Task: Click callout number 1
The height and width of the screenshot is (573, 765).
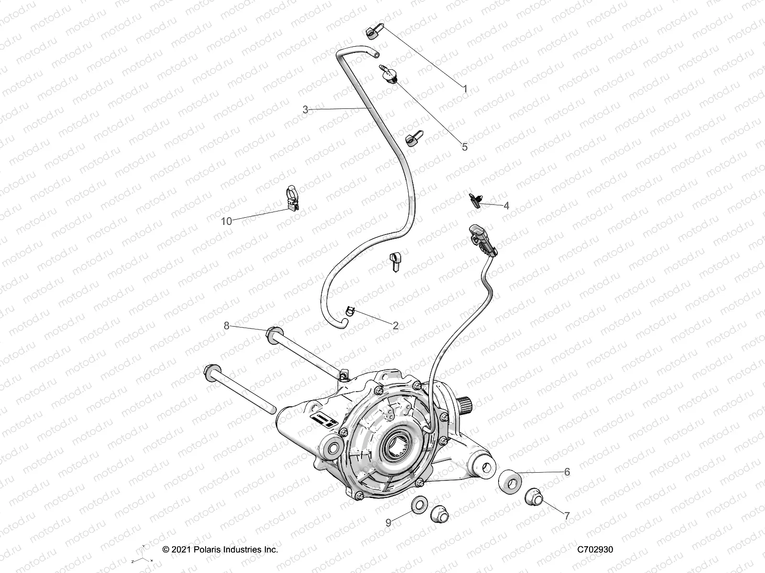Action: tap(465, 88)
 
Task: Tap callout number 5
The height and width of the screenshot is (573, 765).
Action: tap(464, 147)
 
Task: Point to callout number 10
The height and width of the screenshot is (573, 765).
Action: tap(227, 221)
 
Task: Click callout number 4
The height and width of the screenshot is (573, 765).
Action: tap(506, 206)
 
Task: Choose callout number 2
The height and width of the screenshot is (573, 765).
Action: tap(395, 326)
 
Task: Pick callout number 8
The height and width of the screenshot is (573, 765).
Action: tap(227, 326)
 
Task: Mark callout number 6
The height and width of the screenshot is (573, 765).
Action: tap(567, 472)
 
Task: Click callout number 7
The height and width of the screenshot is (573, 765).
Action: tap(567, 516)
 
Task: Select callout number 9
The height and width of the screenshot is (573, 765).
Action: tap(388, 523)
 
